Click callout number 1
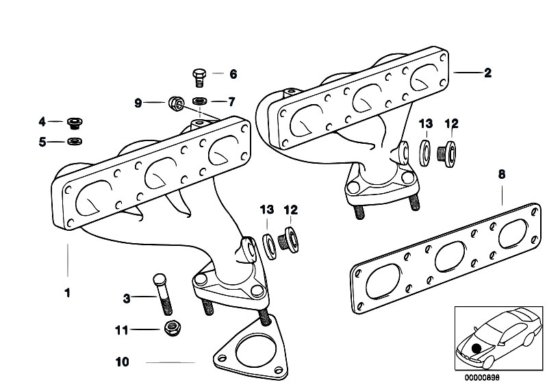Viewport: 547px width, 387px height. click(67, 292)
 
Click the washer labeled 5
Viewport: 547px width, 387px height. click(73, 142)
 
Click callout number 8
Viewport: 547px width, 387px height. click(501, 175)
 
